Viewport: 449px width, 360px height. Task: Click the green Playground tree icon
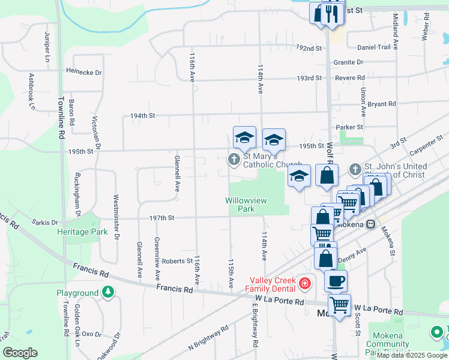click(108, 292)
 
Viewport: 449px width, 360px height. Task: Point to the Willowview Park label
click(246, 205)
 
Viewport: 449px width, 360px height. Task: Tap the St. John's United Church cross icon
click(355, 170)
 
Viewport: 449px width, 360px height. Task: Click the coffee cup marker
click(336, 280)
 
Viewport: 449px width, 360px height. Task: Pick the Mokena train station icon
click(371, 224)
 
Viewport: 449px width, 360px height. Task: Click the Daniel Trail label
click(374, 47)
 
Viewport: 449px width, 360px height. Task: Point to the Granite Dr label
click(349, 62)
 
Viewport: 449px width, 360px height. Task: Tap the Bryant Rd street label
click(382, 104)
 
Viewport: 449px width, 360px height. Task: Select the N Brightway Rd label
click(208, 338)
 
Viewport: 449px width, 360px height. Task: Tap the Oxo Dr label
click(92, 334)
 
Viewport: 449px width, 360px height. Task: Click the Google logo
click(20, 353)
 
